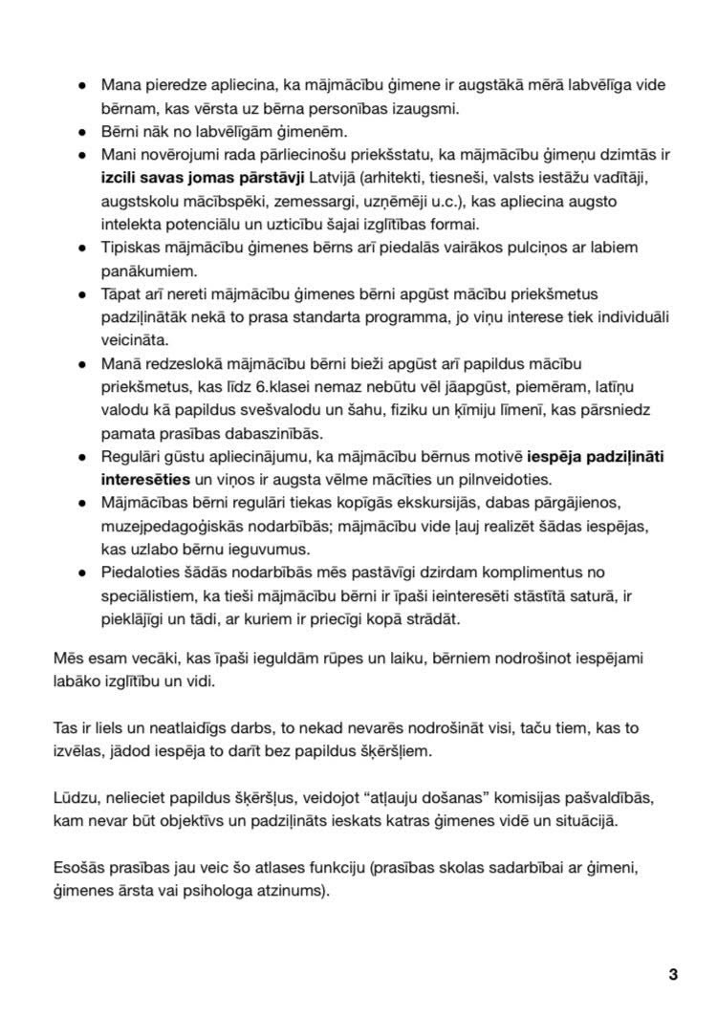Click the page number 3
pyautogui.click(x=673, y=975)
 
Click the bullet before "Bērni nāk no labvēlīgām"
pyautogui.click(x=83, y=132)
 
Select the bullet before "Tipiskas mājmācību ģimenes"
pyautogui.click(x=83, y=248)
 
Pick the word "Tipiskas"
pyautogui.click(x=133, y=248)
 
